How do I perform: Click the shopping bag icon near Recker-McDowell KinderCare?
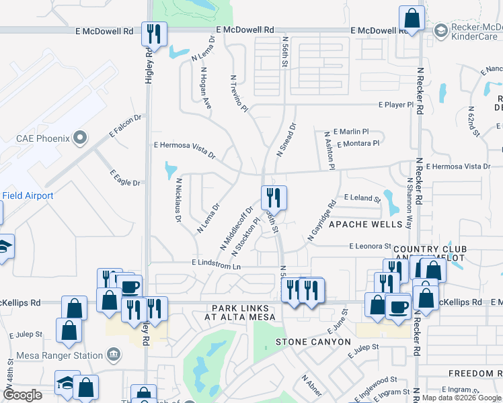coord(412,18)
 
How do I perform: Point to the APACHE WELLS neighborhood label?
coord(366,224)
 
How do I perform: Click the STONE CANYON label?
coord(313,343)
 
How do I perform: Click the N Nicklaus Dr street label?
coord(179,199)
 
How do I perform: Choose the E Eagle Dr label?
coord(125,177)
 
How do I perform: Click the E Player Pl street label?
coord(395,105)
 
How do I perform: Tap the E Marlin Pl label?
coord(352,132)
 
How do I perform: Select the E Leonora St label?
coord(370,247)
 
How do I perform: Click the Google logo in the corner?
coord(23,396)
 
